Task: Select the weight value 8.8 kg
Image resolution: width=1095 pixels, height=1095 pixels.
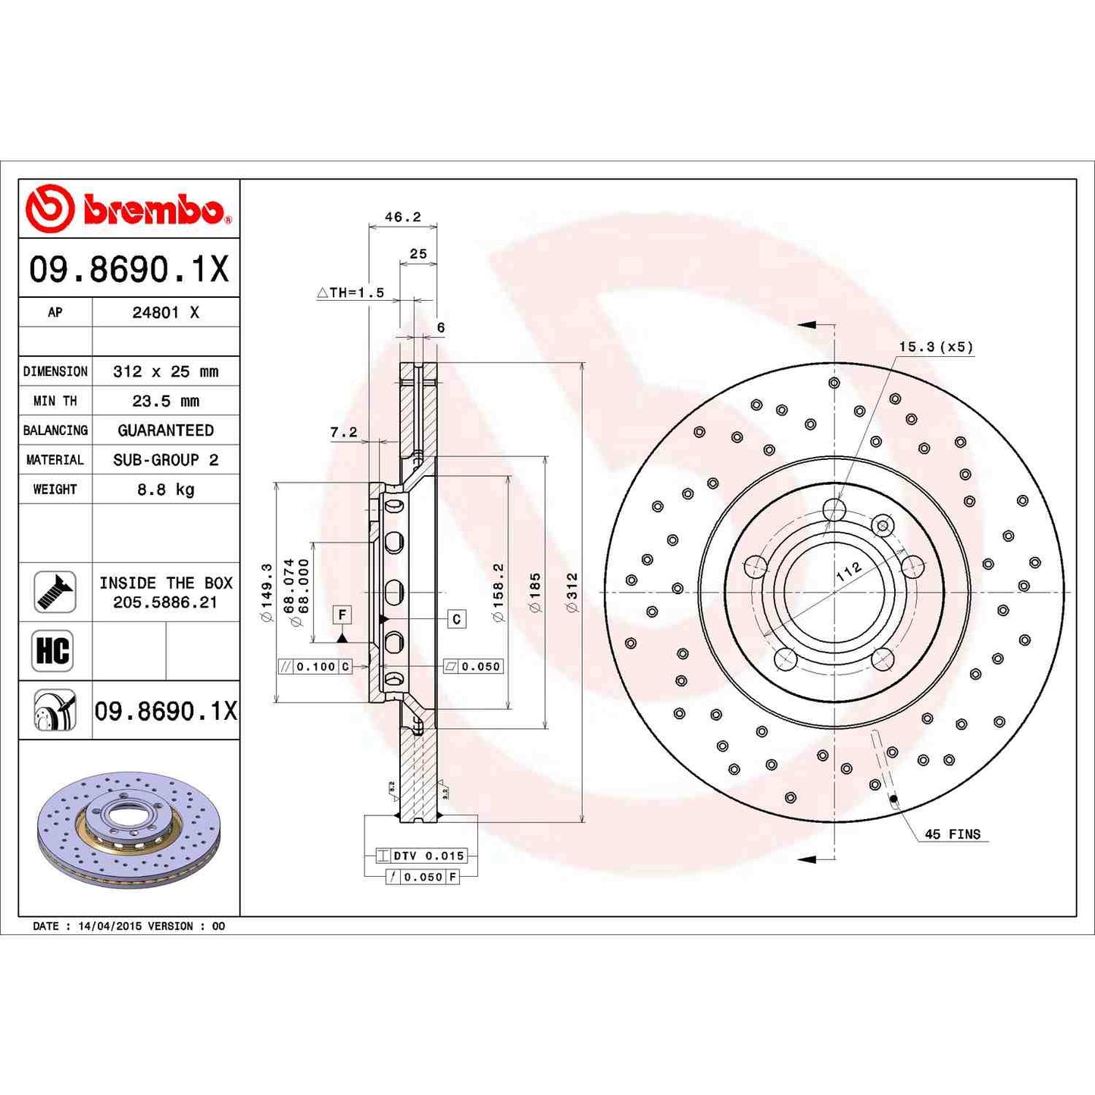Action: [165, 490]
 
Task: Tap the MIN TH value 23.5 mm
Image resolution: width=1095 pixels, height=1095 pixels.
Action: [165, 401]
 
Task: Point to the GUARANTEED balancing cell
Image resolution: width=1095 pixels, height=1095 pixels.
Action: [165, 430]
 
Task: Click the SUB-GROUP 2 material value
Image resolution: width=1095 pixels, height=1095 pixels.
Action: [165, 460]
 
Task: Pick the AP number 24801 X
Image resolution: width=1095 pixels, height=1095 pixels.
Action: [165, 312]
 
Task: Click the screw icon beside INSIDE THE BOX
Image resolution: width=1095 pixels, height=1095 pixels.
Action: [55, 592]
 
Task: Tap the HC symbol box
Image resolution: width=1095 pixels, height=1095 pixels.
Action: [53, 651]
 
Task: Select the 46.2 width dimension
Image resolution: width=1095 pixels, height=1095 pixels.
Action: [402, 217]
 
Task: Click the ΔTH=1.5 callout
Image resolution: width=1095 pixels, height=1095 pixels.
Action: [351, 293]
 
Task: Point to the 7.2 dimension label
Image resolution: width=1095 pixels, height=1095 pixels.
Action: [343, 432]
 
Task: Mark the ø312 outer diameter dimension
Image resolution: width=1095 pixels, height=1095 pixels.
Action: [572, 592]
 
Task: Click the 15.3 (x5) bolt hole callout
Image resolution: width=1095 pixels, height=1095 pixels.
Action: [935, 347]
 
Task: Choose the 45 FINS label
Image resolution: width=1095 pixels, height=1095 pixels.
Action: [952, 834]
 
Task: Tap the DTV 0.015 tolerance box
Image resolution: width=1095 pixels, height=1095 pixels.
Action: [421, 856]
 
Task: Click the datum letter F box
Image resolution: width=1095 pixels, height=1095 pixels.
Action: [343, 615]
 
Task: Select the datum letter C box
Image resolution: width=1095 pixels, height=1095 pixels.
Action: [456, 619]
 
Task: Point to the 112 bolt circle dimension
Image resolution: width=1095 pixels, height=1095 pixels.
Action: [849, 571]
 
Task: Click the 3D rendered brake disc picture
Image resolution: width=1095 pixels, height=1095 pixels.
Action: [129, 830]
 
